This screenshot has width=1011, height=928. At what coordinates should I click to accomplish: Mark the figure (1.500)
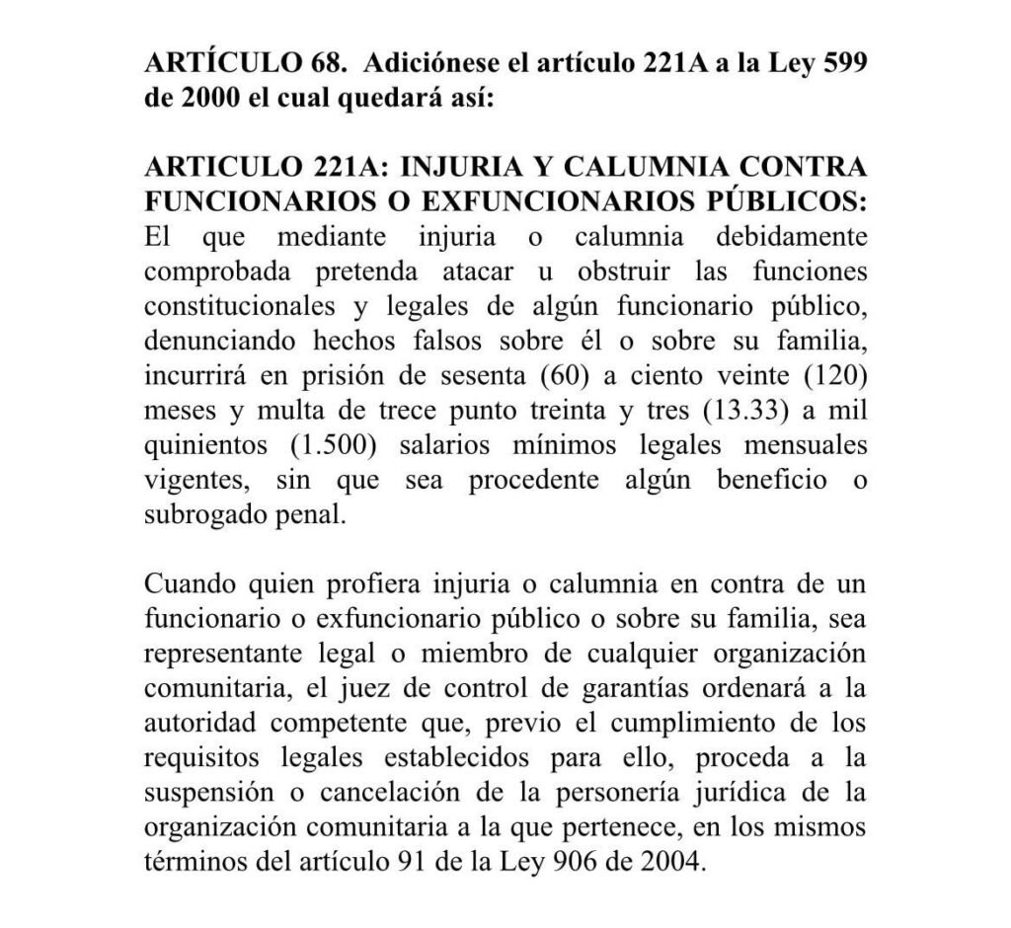pos(334,444)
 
